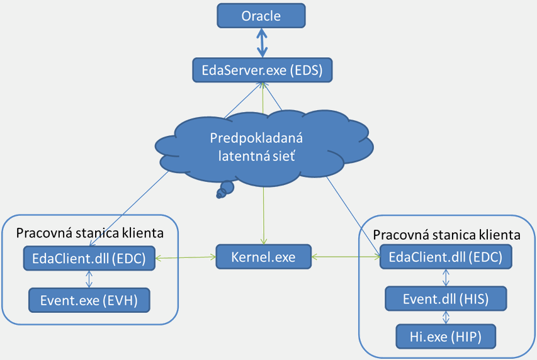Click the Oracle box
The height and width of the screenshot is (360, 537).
(261, 16)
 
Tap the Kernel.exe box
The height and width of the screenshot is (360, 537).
(264, 257)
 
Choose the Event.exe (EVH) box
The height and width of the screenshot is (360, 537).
(89, 300)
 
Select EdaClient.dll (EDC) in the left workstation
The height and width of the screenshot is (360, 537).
(88, 258)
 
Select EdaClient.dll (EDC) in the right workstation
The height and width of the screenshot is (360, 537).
(446, 257)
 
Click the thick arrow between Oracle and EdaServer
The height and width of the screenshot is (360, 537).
(261, 43)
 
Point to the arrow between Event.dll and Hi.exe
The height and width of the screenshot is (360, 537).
(446, 317)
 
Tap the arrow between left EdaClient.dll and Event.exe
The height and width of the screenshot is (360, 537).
(89, 279)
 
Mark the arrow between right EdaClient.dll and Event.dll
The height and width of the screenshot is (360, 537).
(446, 278)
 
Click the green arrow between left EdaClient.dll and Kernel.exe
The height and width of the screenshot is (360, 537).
(185, 257)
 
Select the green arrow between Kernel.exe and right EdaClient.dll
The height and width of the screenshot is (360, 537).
(346, 257)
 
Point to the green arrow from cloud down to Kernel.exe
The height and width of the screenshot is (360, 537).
(263, 214)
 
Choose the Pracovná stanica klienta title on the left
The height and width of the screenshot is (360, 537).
(90, 233)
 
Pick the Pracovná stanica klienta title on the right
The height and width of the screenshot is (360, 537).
(446, 235)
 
